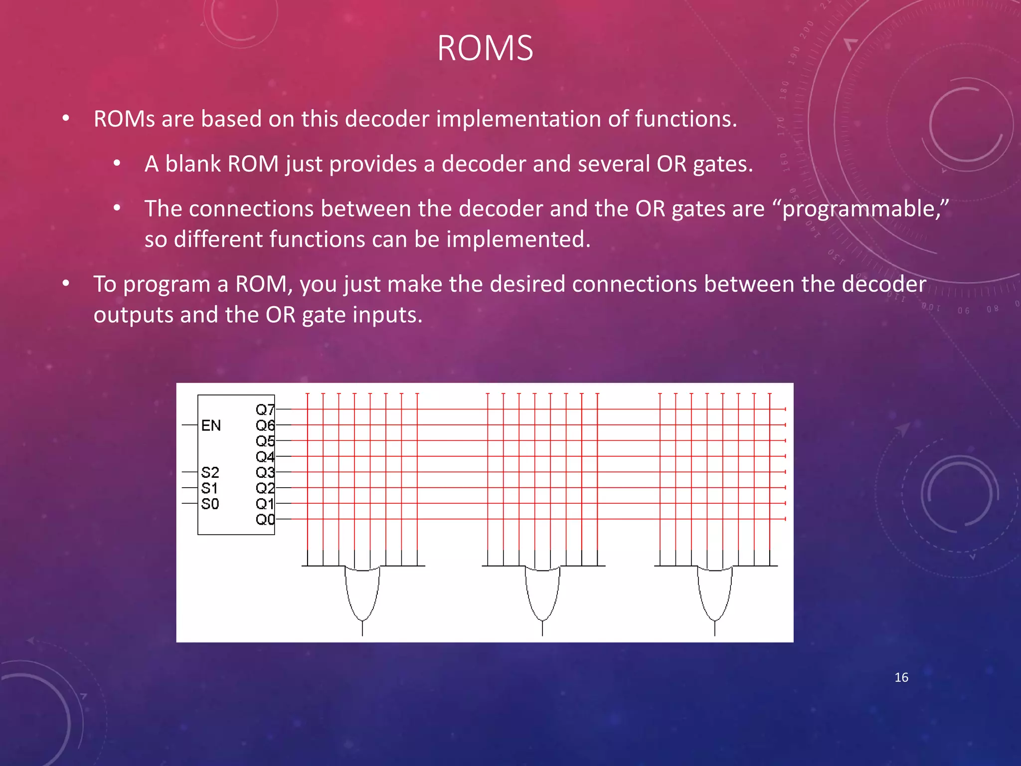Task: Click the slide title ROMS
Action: (485, 48)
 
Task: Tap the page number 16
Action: (901, 677)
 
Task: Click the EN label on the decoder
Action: (211, 425)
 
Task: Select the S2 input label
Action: (210, 472)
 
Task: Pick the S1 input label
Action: (209, 488)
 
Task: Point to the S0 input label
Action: (210, 504)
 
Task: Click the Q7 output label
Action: (265, 410)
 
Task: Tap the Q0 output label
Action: (265, 520)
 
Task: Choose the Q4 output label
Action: (265, 457)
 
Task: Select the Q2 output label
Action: (265, 488)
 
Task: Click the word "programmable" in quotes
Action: (861, 209)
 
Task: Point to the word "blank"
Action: (193, 164)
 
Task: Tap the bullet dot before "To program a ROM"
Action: (66, 284)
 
